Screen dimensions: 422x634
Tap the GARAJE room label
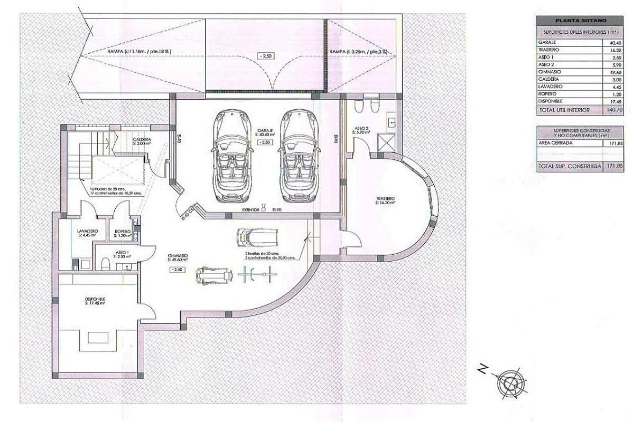click(265, 132)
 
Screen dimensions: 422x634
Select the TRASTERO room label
click(385, 199)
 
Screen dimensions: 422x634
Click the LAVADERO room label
click(86, 232)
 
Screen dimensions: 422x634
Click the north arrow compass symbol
click(511, 381)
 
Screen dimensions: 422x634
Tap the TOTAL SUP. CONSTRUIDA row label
click(562, 166)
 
